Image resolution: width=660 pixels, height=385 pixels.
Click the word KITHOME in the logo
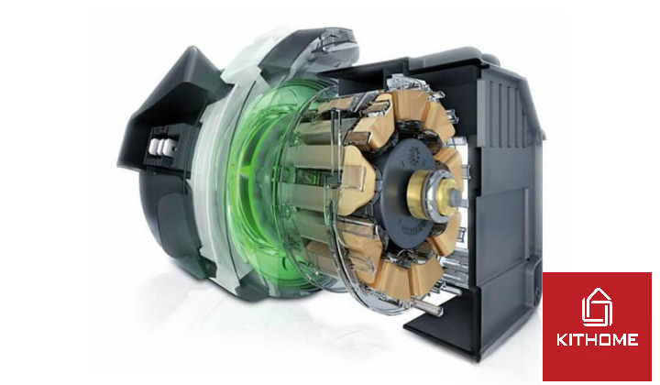click(597, 340)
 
